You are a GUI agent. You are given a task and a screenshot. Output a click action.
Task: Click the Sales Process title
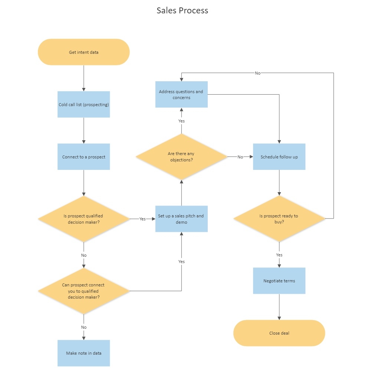182,10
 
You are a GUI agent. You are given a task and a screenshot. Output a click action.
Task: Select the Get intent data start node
84,52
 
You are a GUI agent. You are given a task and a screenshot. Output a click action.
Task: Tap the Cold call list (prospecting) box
84,105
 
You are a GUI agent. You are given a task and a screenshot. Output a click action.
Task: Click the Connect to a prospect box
84,157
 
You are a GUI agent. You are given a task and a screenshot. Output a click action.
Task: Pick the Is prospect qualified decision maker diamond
84,219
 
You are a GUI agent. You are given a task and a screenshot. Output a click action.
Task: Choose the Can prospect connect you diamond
84,291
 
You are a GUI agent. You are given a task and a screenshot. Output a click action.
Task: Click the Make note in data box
84,353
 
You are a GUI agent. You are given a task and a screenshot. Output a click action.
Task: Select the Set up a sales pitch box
181,219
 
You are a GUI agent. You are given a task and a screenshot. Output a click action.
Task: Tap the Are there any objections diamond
181,157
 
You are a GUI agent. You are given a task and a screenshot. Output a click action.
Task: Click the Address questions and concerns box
181,95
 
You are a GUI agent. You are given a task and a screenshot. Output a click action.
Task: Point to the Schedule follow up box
279,157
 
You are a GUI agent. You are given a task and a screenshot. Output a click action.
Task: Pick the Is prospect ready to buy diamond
279,219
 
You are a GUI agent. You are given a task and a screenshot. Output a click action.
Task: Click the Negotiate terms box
279,281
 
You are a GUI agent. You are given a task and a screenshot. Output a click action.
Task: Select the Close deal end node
279,333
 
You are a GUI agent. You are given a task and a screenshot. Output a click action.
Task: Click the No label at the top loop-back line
257,73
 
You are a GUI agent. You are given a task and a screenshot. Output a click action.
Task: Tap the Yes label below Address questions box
181,121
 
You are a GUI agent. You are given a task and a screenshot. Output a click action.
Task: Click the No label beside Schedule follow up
240,157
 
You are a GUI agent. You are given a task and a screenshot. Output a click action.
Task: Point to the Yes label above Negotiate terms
279,255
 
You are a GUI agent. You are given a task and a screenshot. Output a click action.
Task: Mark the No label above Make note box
84,327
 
